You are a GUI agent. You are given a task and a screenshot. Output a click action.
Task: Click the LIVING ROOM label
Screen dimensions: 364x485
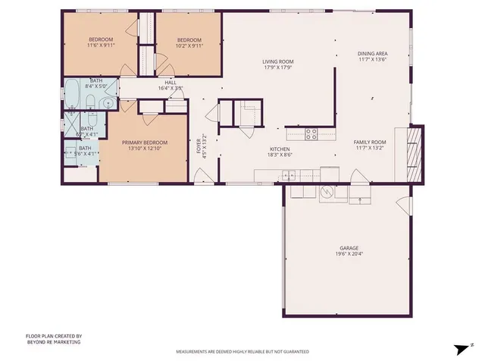278,62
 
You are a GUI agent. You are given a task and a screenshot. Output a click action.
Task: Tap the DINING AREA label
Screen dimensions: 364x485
372,54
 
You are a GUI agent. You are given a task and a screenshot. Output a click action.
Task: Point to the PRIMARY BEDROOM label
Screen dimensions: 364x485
144,142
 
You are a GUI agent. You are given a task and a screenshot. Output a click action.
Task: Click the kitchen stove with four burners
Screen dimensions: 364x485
311,134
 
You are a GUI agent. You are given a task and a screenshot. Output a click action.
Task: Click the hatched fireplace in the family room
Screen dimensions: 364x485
412,154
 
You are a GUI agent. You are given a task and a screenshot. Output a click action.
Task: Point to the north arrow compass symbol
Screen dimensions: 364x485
459,348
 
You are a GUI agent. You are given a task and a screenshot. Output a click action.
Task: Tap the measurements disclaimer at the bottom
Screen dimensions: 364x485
242,352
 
